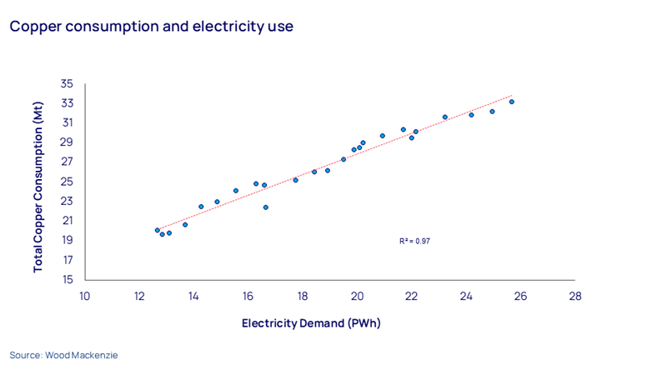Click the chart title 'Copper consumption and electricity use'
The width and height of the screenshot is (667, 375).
(x=151, y=26)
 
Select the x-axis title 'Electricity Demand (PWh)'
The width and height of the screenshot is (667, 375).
(x=311, y=322)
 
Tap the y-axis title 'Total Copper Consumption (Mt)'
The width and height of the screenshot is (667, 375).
(x=38, y=182)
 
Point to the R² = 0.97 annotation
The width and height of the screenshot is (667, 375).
(x=414, y=241)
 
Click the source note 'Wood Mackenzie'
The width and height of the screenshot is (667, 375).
(x=64, y=355)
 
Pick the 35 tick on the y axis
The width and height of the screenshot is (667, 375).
(x=67, y=84)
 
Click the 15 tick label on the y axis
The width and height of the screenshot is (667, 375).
(x=67, y=279)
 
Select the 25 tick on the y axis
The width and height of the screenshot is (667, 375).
(x=67, y=182)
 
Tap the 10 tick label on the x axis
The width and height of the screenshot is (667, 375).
(x=84, y=296)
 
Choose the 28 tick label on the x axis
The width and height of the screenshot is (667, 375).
(x=574, y=296)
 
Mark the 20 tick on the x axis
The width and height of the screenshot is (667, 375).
(x=357, y=296)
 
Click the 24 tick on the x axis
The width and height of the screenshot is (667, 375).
(x=466, y=296)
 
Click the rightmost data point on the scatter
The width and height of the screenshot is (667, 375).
(x=511, y=102)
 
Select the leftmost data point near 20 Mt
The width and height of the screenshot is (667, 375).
(x=157, y=230)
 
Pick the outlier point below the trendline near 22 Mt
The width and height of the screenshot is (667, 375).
(x=266, y=207)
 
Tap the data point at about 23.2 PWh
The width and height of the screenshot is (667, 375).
(x=444, y=117)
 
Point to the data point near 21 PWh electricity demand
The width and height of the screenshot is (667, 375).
(x=383, y=136)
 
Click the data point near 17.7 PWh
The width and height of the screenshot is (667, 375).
(x=295, y=180)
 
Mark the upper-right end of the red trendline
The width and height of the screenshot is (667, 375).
(x=513, y=95)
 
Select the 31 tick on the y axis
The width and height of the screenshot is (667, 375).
(x=67, y=123)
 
